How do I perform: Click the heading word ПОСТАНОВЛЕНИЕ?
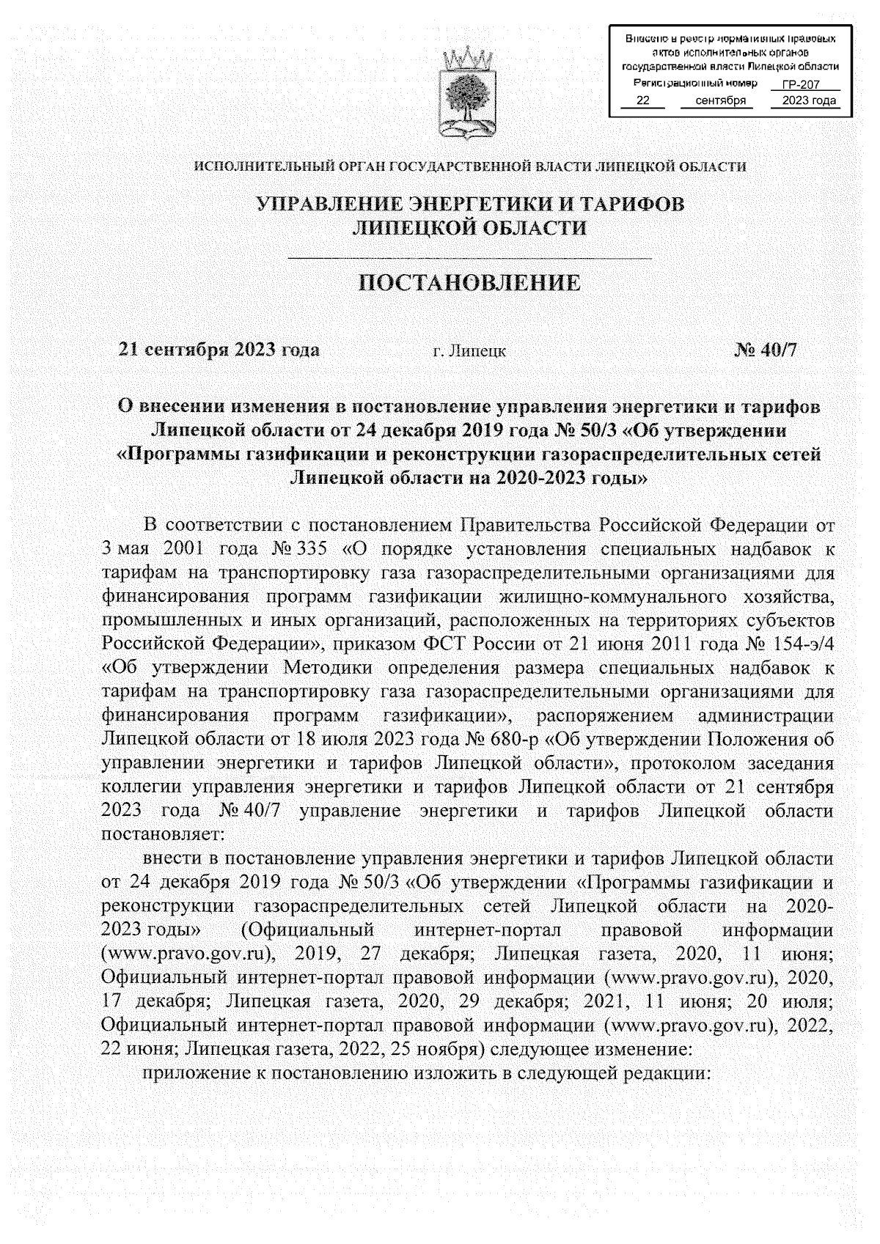click(469, 284)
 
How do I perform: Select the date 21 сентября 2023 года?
click(219, 350)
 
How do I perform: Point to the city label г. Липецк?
click(469, 351)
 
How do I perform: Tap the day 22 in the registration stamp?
click(642, 100)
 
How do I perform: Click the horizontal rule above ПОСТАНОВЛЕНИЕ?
click(469, 258)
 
